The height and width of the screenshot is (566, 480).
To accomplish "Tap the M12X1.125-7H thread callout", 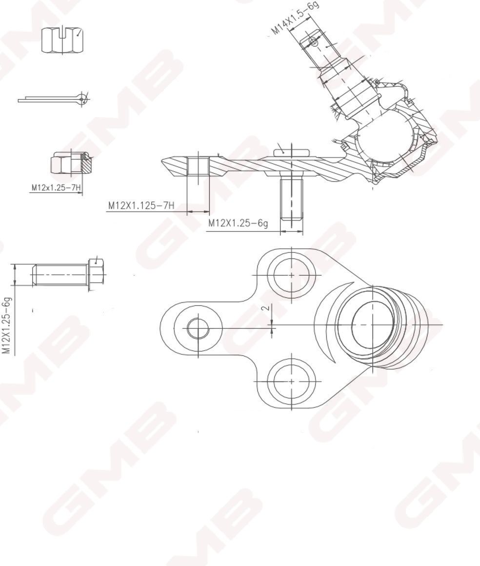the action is pos(141,206).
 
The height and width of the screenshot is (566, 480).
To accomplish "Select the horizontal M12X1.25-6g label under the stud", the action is pos(238,223).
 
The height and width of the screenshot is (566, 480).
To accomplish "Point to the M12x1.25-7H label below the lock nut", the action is pos(56,188).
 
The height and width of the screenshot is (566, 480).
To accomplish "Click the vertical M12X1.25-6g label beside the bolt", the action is pos(7,325).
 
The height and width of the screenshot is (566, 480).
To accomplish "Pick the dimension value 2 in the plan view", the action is pos(266,308).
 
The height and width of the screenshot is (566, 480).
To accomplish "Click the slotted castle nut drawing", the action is pos(62,40).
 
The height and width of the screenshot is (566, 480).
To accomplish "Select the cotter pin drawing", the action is pos(54,99).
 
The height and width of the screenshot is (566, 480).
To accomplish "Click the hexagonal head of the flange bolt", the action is pos(97,273).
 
